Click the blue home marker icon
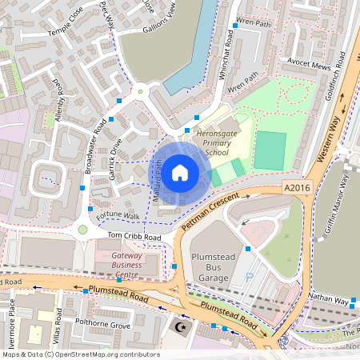pos(180,171)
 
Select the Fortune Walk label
pos(118,217)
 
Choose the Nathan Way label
pos(330,301)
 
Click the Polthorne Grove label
pos(102,326)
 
